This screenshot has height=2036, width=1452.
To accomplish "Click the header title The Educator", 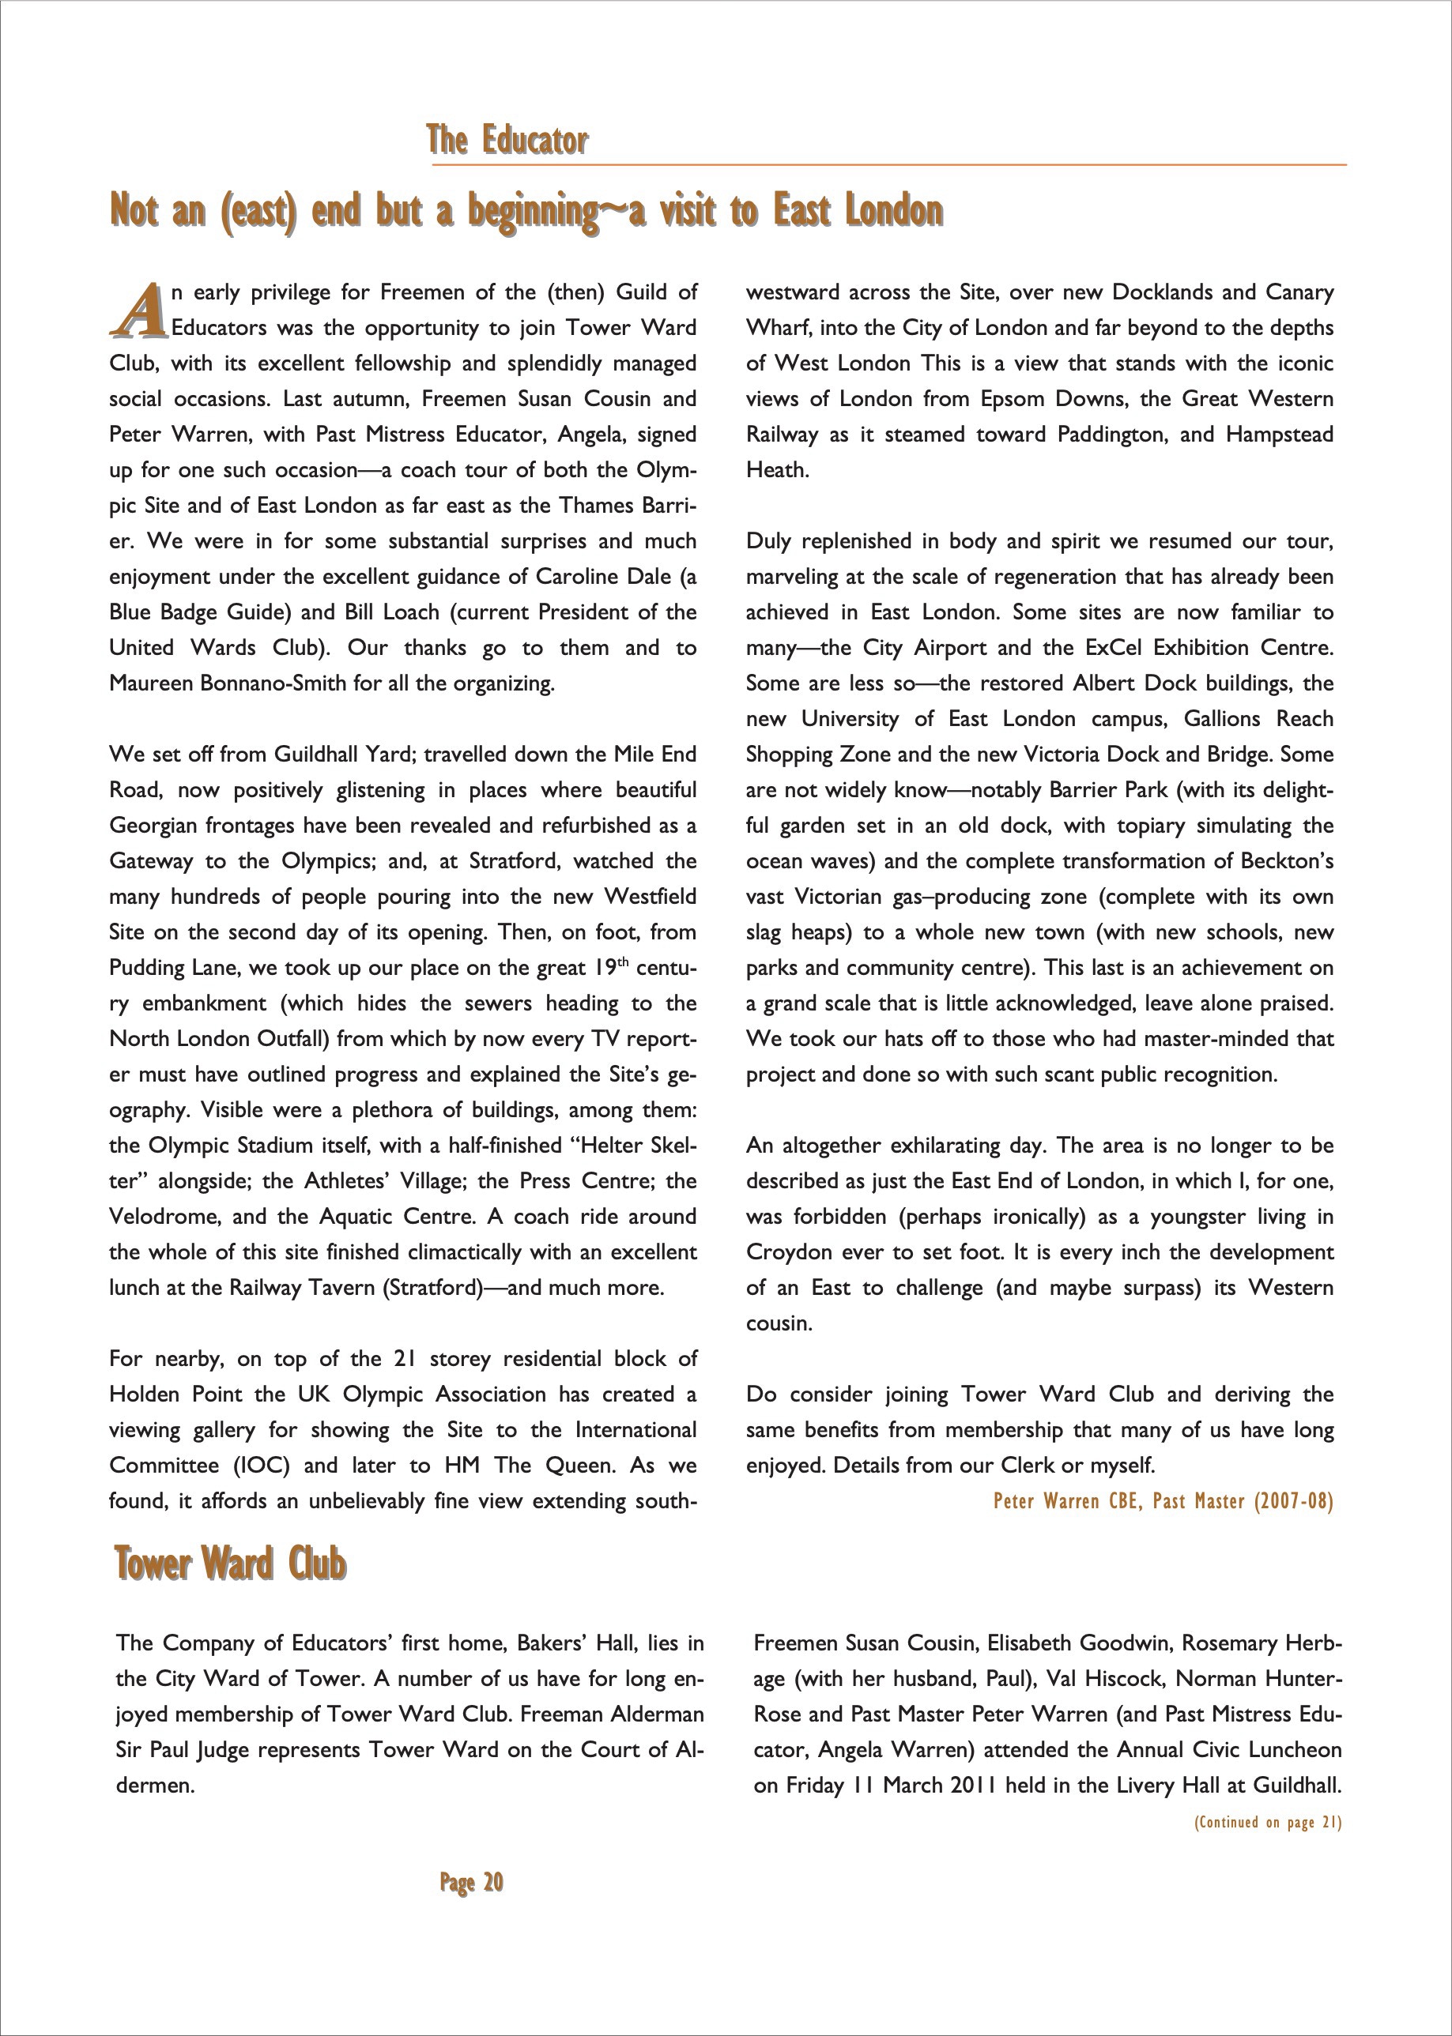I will click(507, 141).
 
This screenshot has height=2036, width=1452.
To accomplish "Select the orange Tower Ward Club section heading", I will click(230, 1564).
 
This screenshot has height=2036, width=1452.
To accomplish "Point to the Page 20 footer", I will click(471, 1882).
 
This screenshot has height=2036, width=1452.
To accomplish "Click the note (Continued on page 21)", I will click(1267, 1823).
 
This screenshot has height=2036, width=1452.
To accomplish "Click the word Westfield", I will click(650, 897).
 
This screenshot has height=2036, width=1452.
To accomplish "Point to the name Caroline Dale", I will click(605, 577).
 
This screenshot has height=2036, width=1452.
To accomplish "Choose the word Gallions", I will click(1222, 720).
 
